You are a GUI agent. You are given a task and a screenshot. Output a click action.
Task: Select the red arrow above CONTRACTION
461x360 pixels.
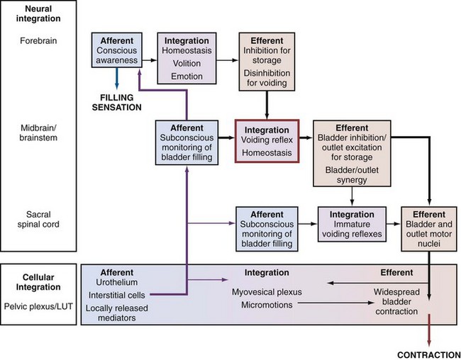click(430, 333)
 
